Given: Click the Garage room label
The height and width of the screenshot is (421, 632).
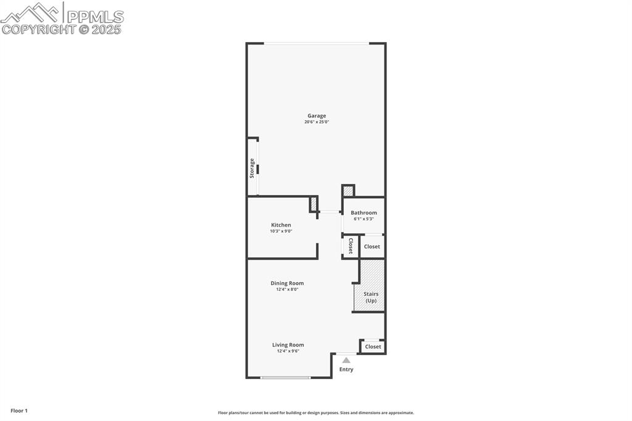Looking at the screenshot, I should [317, 115].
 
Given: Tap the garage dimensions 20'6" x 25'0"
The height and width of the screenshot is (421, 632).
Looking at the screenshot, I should [317, 122].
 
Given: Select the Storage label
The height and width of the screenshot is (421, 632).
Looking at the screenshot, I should [252, 168].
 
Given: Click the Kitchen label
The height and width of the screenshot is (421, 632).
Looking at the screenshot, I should [281, 225].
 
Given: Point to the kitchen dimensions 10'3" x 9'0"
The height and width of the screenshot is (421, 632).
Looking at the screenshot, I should [281, 231].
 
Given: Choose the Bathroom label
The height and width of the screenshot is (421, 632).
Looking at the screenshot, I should [364, 212].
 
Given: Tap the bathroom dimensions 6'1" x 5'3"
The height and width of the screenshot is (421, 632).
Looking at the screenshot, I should [364, 219].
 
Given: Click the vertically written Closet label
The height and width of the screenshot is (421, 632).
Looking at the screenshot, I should [351, 246].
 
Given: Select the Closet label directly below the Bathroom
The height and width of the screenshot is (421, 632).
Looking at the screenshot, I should [372, 246].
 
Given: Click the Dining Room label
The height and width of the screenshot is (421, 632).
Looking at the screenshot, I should [287, 283].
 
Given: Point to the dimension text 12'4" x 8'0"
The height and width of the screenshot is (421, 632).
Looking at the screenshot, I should [287, 290].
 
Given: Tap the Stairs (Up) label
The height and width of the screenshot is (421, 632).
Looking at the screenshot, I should [370, 297].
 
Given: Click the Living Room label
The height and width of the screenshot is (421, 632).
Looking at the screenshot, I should [288, 345].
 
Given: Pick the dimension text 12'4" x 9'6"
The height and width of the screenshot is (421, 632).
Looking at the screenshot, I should [288, 351].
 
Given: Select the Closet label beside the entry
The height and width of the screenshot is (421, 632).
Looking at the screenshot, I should [373, 347].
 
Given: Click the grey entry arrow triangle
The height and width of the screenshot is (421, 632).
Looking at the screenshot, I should [346, 360].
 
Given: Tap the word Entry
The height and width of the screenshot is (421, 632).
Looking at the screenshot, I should [346, 370].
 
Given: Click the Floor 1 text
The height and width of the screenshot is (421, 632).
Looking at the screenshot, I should [19, 411].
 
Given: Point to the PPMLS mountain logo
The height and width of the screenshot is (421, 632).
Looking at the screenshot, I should [31, 12].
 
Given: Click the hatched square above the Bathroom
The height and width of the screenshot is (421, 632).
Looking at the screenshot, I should [348, 191].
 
